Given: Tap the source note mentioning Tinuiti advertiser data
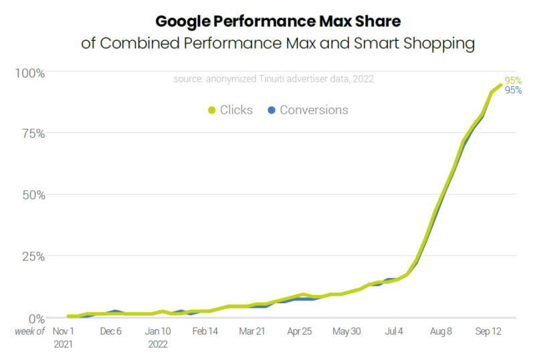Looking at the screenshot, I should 273,79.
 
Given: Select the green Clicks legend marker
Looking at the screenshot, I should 212,110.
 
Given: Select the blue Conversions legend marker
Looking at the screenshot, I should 271,110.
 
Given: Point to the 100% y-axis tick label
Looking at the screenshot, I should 31,72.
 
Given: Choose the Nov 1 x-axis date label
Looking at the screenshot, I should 64,331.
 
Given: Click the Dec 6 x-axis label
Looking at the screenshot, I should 111,331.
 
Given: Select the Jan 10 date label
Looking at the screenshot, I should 158,331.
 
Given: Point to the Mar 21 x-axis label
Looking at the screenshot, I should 252,331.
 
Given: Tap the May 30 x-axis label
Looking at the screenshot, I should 346,331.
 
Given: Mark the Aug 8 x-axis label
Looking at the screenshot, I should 441,331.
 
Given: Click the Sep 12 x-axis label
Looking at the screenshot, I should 488,331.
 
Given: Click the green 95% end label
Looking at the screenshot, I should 513,81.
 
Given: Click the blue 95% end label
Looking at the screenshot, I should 513,90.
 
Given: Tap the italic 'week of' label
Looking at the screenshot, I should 30,331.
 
